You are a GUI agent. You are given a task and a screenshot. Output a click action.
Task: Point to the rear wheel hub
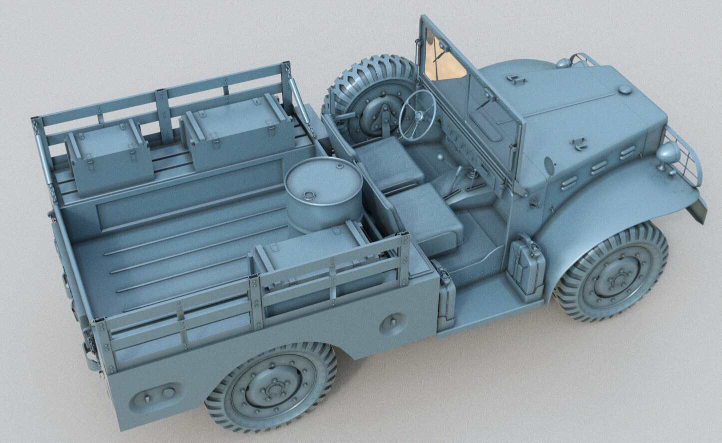pyautogui.click(x=273, y=387)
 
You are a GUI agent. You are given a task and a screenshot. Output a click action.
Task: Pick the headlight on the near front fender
pyautogui.click(x=668, y=152)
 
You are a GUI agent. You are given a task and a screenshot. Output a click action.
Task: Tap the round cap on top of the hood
pyautogui.click(x=625, y=89)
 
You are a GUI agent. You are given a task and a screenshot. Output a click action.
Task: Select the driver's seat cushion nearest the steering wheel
pyautogui.click(x=389, y=163)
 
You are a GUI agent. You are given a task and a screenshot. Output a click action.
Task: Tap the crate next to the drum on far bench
pyautogui.click(x=237, y=132)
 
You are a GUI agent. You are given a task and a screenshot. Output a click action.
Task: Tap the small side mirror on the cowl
pyautogui.click(x=549, y=166)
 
